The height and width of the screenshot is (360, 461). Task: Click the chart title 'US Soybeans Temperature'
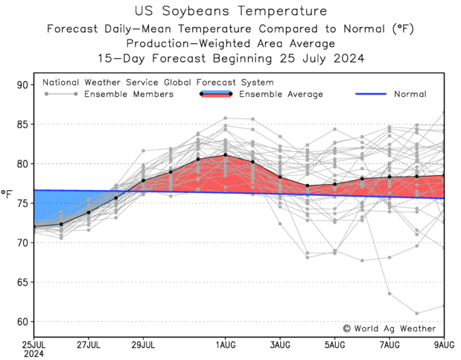click(231, 11)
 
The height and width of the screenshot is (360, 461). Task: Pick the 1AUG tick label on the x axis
click(226, 344)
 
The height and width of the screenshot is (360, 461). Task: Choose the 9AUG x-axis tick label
click(445, 344)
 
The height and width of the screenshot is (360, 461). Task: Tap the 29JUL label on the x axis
click(143, 344)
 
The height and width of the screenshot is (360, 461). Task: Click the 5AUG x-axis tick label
click(335, 344)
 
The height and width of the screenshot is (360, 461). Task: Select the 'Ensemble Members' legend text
click(128, 95)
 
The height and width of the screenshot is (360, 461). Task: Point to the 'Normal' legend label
click(410, 95)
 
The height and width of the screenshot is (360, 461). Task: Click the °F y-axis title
click(7, 195)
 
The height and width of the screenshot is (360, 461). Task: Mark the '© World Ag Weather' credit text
click(390, 329)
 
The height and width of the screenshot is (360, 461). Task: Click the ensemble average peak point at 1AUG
click(226, 155)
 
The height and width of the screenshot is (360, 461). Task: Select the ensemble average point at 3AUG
click(280, 177)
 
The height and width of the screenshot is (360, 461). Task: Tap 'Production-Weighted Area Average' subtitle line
click(231, 43)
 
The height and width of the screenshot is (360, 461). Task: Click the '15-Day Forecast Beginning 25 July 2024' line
click(231, 58)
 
